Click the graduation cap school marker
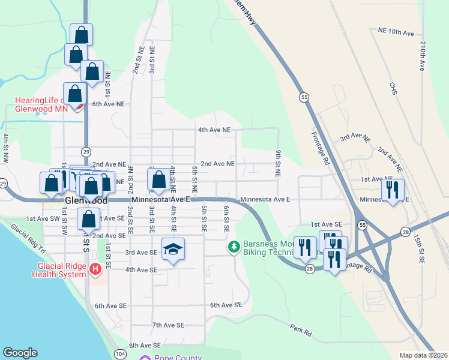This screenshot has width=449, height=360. pos(173,249)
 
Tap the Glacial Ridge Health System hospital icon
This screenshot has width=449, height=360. pos(95,270)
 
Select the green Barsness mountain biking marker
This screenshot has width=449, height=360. pos(234,246)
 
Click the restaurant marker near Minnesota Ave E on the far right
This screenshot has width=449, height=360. pos(393,191)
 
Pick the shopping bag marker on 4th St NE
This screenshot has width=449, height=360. pos(158,179)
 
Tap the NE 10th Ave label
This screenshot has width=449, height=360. pos(396,31)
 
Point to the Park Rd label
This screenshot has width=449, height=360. pos(301,330)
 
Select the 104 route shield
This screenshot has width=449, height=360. pos(120,354)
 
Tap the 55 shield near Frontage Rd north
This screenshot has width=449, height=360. pos(305,97)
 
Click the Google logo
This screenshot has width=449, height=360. pos(20,353)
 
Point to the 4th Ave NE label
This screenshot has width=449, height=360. pos(214,130)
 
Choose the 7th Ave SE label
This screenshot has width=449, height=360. pos(168,325)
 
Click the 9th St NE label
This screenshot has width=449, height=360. pos(279,163)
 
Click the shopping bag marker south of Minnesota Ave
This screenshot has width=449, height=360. pos(88,220)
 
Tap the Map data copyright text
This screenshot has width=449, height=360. pos(424,355)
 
